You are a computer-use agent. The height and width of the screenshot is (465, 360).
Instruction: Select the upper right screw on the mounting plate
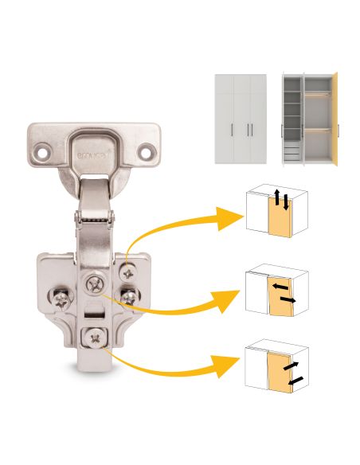pyautogui.click(x=127, y=273)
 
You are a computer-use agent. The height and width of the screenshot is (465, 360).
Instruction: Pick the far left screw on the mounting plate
pyautogui.click(x=61, y=299)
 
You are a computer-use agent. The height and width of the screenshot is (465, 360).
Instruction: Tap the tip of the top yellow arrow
pyautogui.click(x=237, y=217)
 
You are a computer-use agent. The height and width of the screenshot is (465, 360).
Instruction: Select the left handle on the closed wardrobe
pyautogui.click(x=232, y=131)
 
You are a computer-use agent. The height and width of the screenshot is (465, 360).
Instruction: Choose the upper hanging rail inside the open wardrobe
pyautogui.click(x=318, y=94)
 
